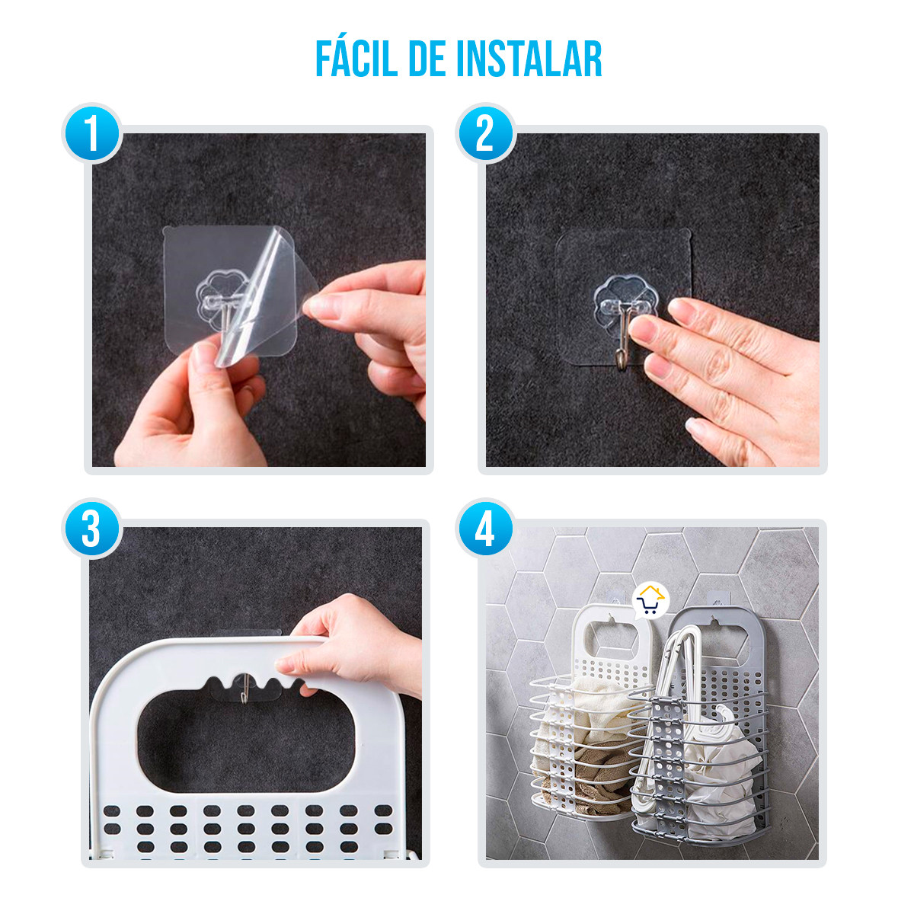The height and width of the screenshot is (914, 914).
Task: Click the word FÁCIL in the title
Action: tap(356, 59)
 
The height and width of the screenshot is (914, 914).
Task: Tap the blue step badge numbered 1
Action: tap(91, 134)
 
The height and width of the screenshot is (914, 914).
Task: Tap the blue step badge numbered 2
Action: tap(485, 134)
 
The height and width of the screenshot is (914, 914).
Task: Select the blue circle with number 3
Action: tap(91, 529)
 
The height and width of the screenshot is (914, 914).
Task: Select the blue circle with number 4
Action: tap(485, 529)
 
